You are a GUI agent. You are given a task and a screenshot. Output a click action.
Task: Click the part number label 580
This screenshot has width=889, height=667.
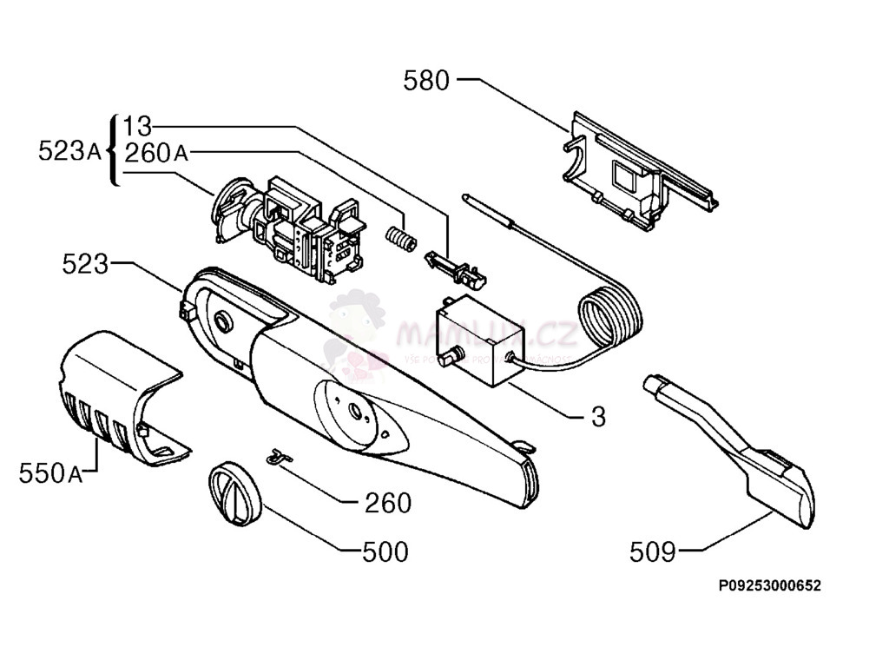(426, 81)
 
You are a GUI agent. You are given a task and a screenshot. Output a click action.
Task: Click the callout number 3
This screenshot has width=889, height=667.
(598, 416)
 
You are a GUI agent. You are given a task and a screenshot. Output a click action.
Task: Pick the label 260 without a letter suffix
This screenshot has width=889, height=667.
(388, 502)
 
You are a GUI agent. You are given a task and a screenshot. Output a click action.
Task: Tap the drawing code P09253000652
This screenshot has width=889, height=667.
(769, 586)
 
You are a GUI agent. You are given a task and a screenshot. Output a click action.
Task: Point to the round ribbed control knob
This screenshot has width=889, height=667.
(233, 492)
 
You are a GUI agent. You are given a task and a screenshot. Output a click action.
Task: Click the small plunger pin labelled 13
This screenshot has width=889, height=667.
(455, 268)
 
